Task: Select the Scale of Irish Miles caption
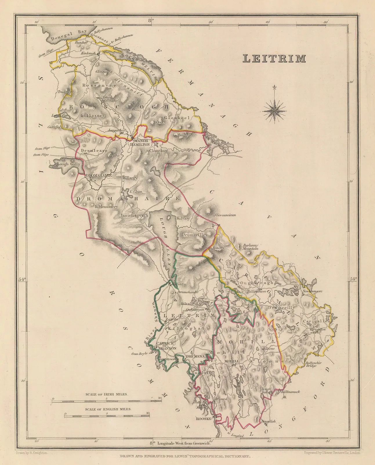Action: pyautogui.click(x=107, y=395)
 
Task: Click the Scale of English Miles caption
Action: pyautogui.click(x=108, y=409)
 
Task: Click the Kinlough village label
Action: pyautogui.click(x=90, y=54)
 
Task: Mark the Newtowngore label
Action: pyautogui.click(x=312, y=291)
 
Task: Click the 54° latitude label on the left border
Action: pyautogui.click(x=22, y=280)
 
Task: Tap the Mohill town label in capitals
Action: pyautogui.click(x=232, y=361)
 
